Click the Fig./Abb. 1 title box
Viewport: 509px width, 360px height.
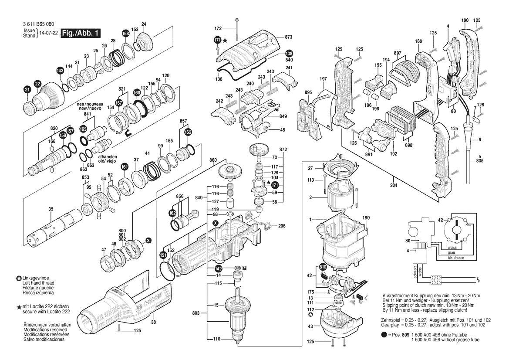pos(81,33)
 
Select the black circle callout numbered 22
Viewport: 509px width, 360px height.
pos(37,84)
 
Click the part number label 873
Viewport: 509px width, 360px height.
pos(289,37)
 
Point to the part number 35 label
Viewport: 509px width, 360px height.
pos(51,209)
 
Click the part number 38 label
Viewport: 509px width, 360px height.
pos(153,323)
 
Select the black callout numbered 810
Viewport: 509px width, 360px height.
pos(323,267)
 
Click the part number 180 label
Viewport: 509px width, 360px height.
pos(366,217)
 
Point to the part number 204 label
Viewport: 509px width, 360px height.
pos(394,186)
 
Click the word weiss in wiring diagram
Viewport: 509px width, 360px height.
pos(452,248)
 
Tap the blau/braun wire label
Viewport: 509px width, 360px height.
pos(456,258)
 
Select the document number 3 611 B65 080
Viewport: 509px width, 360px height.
pos(39,24)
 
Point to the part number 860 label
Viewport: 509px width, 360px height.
pos(213,160)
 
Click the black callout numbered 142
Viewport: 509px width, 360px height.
pos(219,268)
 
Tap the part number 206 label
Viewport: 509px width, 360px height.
pos(282,226)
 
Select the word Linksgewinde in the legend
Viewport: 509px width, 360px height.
pos(36,278)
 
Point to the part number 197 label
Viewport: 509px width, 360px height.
pos(323,79)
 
